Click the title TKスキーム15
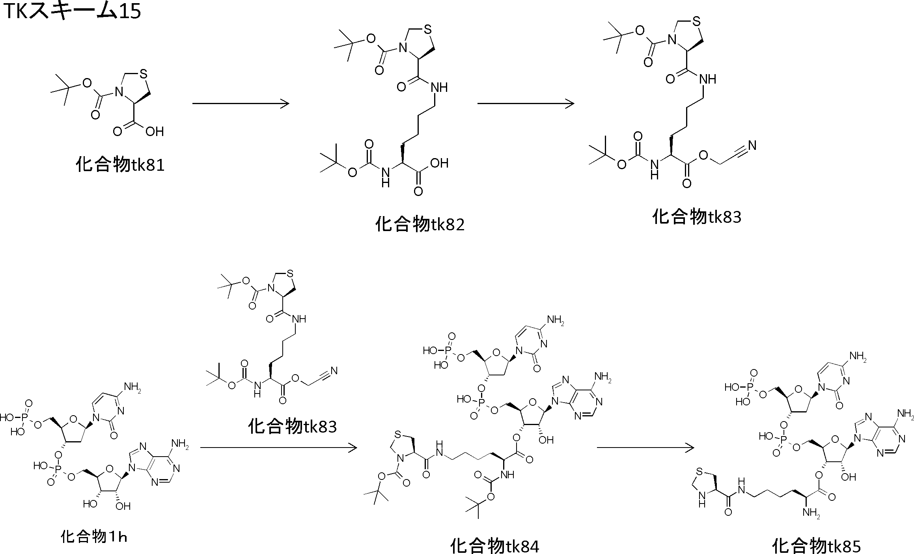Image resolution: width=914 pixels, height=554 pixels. pyautogui.click(x=71, y=12)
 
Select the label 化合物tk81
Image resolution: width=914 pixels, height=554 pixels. pyautogui.click(x=120, y=164)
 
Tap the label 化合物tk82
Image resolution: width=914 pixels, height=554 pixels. pyautogui.click(x=420, y=224)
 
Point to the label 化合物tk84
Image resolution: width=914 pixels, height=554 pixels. pyautogui.click(x=494, y=546)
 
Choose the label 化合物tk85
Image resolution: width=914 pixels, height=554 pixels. pyautogui.click(x=816, y=546)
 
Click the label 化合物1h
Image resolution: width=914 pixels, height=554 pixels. pyautogui.click(x=94, y=537)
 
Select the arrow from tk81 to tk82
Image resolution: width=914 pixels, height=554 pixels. pyautogui.click(x=241, y=104)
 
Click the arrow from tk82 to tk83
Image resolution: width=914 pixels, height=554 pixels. pyautogui.click(x=526, y=104)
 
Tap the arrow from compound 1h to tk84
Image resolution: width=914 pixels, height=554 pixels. pyautogui.click(x=278, y=448)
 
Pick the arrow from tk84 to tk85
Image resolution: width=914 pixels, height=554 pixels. pyautogui.click(x=645, y=448)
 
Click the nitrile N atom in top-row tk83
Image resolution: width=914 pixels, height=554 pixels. pyautogui.click(x=752, y=145)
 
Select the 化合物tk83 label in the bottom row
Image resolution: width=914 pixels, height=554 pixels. pyautogui.click(x=292, y=426)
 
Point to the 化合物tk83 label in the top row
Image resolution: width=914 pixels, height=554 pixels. pyautogui.click(x=697, y=217)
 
